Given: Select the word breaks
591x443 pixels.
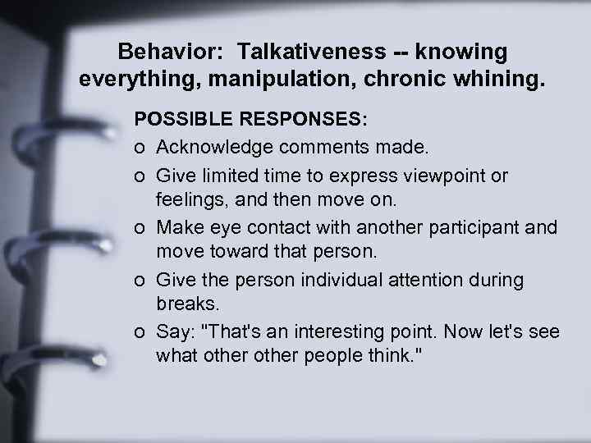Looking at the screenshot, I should [x=187, y=303].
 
